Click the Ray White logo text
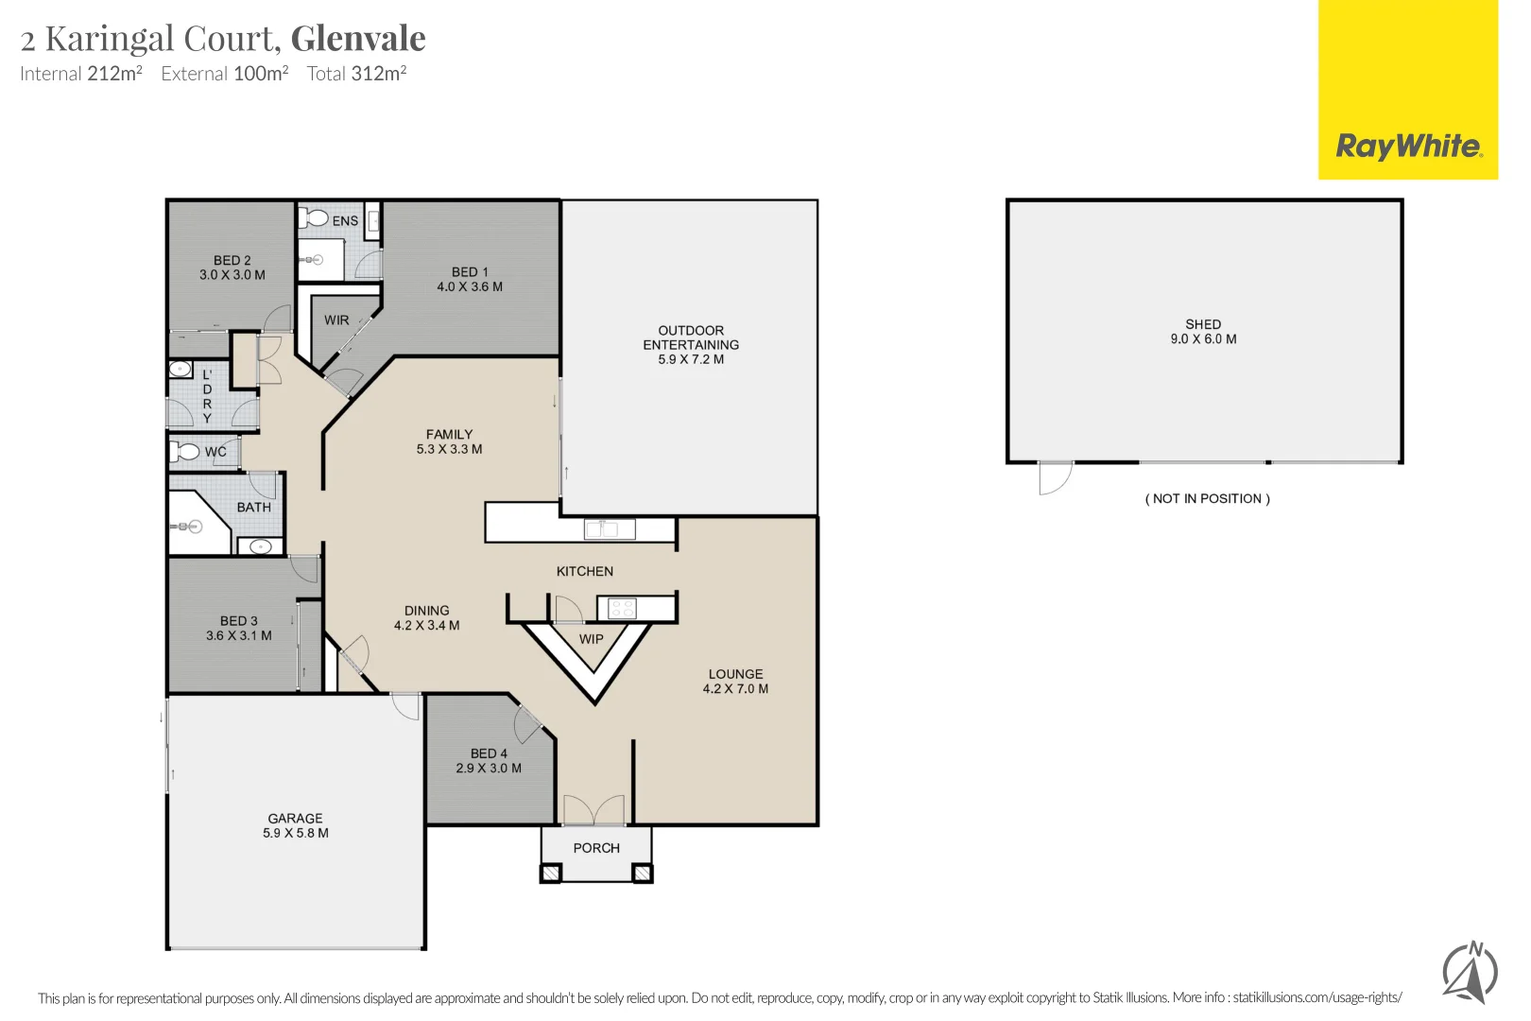[1408, 147]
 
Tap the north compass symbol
[1470, 972]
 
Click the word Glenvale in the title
[358, 39]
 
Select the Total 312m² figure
[356, 74]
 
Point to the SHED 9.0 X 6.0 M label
[1203, 332]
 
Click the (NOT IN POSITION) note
[1207, 499]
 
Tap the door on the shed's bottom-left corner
[1055, 477]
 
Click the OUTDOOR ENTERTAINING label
[691, 344]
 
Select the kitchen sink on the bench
[609, 529]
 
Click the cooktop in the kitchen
[622, 608]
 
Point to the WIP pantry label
[592, 639]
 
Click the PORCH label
[596, 848]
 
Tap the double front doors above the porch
[594, 810]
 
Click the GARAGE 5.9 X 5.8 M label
[296, 825]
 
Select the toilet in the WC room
[186, 452]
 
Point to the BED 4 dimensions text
[489, 769]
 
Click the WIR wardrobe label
[336, 320]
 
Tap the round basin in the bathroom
[260, 546]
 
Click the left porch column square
[550, 874]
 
